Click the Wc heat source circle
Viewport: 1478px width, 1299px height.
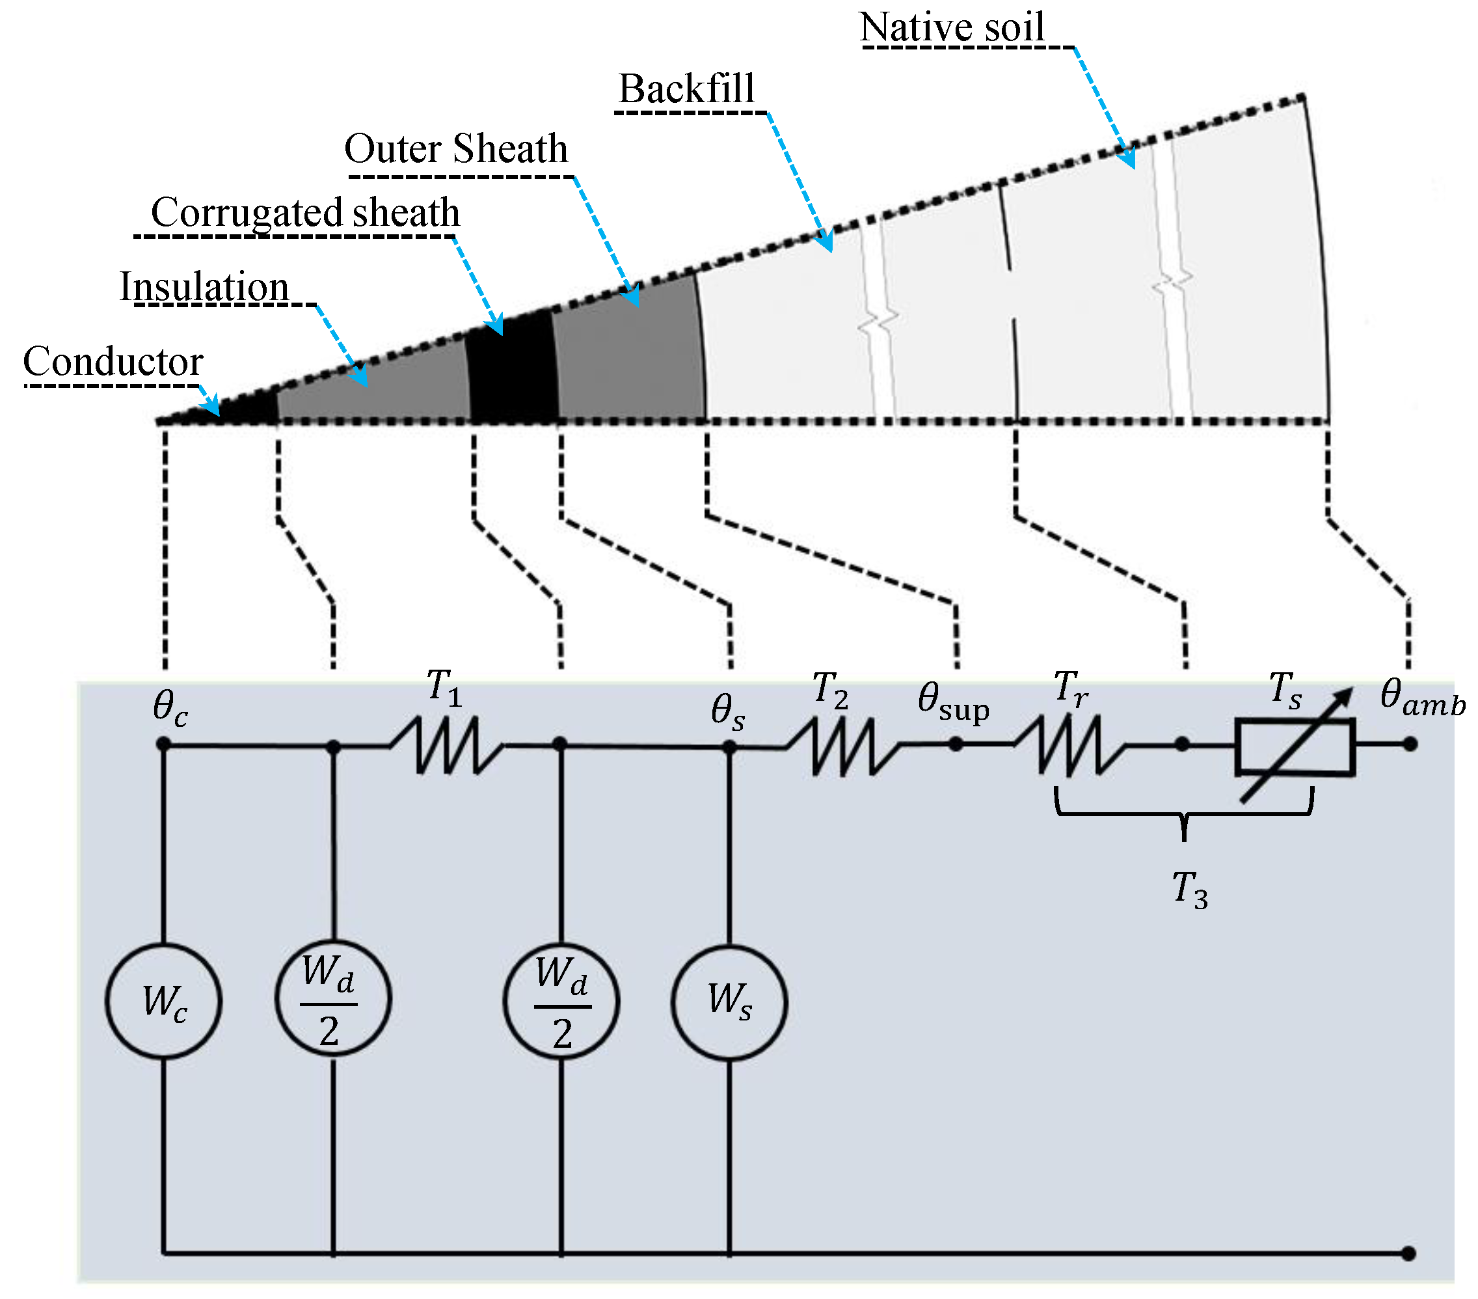point(163,1000)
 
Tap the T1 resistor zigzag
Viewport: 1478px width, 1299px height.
point(447,745)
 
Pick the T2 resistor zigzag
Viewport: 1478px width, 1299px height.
point(843,746)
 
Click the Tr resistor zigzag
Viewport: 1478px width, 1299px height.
point(1069,745)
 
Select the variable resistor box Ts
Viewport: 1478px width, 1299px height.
point(1295,746)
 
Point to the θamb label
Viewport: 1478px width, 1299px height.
point(1421,697)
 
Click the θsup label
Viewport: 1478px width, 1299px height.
point(953,702)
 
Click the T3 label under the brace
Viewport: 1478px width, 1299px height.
point(1189,889)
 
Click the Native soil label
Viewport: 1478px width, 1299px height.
point(952,27)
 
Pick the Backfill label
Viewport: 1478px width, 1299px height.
point(686,90)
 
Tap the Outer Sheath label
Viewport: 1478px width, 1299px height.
point(455,149)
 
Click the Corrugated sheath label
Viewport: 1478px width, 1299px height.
point(305,213)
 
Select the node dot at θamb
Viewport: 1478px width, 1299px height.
point(1409,743)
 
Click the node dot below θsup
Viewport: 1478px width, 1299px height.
point(955,743)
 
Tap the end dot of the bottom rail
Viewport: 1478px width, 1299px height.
point(1408,1253)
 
